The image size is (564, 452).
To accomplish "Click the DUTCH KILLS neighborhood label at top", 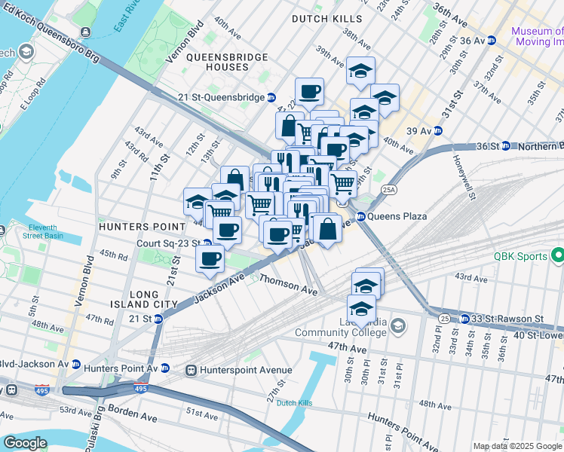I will [x=326, y=18].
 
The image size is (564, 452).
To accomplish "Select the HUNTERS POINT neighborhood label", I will [x=142, y=226].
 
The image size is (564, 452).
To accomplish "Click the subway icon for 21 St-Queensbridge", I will [x=271, y=97].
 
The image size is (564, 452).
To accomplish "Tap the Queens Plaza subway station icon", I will [x=360, y=216].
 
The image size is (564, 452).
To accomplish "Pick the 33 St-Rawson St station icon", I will [x=465, y=319].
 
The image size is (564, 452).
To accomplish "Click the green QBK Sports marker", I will [x=557, y=256].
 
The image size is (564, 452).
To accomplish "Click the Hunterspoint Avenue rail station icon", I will [x=192, y=370].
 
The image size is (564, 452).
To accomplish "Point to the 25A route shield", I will [x=388, y=190].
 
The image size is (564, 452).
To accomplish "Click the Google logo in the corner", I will [x=25, y=443].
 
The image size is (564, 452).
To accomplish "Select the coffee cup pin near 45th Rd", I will [x=210, y=259].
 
